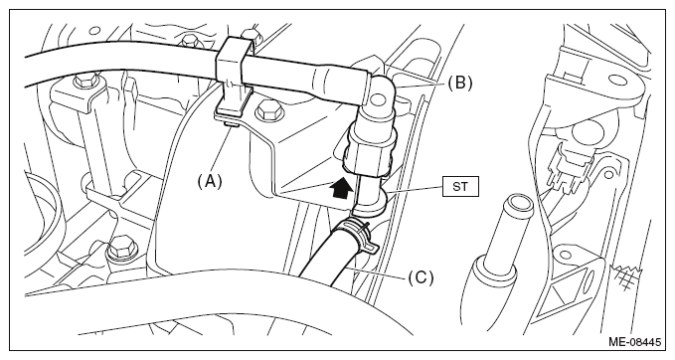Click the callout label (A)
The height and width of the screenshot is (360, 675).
click(210, 181)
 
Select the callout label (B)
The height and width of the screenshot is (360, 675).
click(459, 83)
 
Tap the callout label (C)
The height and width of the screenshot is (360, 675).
click(421, 277)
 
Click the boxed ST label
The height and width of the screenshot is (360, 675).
click(460, 187)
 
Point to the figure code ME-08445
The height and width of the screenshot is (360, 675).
click(634, 342)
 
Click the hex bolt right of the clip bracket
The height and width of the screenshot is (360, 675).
click(269, 112)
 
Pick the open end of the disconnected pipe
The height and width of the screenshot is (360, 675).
click(518, 201)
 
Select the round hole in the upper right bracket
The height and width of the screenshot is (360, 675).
click(617, 81)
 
